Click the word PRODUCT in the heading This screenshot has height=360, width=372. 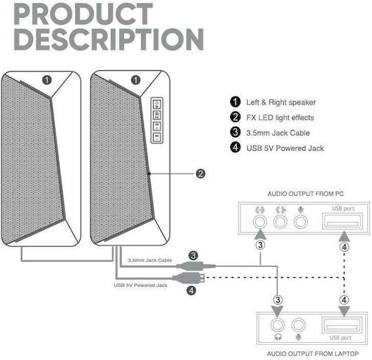83,14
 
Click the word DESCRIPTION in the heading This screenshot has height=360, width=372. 109,39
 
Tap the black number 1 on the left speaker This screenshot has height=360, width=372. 47,80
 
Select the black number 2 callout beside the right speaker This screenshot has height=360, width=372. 200,174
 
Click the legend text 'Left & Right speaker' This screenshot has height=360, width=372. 281,102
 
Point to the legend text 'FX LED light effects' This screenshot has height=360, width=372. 280,117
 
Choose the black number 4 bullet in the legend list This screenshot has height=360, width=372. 236,147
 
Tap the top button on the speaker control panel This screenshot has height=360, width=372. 157,103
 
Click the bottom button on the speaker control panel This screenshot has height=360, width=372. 157,137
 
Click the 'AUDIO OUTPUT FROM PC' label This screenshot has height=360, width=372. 306,194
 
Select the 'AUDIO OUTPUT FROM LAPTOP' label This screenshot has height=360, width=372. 313,354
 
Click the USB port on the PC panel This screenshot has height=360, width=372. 343,221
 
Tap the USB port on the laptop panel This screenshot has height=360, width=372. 342,325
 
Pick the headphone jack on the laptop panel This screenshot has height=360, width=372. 278,325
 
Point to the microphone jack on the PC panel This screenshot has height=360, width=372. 300,222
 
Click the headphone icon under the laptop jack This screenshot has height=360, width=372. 278,337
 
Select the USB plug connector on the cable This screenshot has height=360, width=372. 189,277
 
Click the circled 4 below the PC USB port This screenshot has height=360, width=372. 344,247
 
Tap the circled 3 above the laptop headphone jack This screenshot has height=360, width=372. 278,300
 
